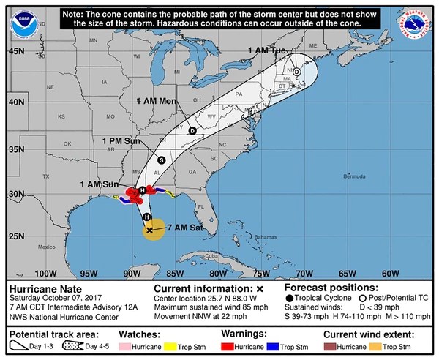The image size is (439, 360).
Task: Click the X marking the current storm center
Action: coord(149,230)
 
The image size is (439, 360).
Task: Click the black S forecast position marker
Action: coord(161,160)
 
